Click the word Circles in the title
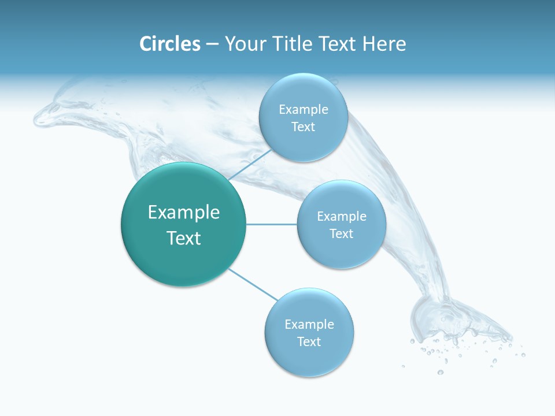pyautogui.click(x=170, y=44)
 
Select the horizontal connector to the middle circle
pyautogui.click(x=272, y=224)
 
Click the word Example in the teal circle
pyautogui.click(x=184, y=213)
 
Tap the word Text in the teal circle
pyautogui.click(x=184, y=238)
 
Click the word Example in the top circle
pyautogui.click(x=303, y=110)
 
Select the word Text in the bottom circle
pyautogui.click(x=309, y=341)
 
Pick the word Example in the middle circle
pyautogui.click(x=341, y=217)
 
